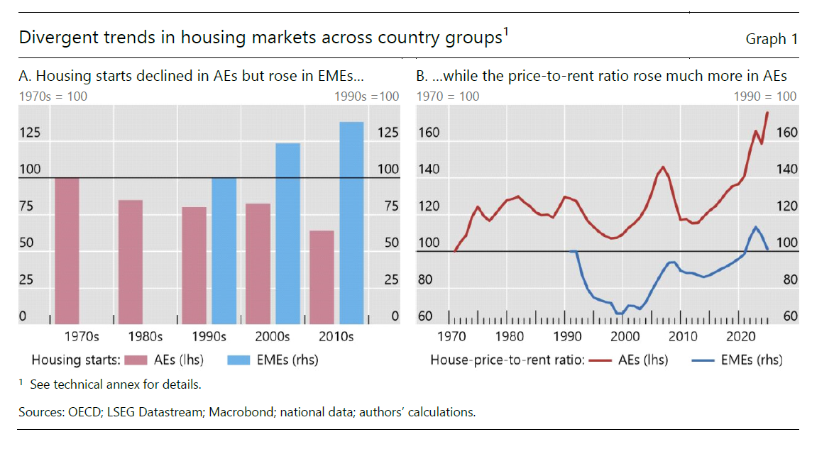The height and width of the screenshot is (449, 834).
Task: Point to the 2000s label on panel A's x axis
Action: coord(273,337)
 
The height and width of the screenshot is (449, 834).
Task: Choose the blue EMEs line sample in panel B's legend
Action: coord(703,360)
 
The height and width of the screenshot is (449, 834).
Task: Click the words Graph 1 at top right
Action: coord(771,40)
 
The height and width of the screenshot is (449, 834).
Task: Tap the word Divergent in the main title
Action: coord(53,38)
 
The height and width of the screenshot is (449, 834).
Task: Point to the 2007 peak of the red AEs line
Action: coord(663,167)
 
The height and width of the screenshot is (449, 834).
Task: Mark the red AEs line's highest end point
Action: coord(767,113)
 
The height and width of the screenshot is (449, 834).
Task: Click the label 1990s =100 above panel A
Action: coord(366,96)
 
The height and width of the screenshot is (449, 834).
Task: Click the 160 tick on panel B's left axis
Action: coord(429,133)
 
